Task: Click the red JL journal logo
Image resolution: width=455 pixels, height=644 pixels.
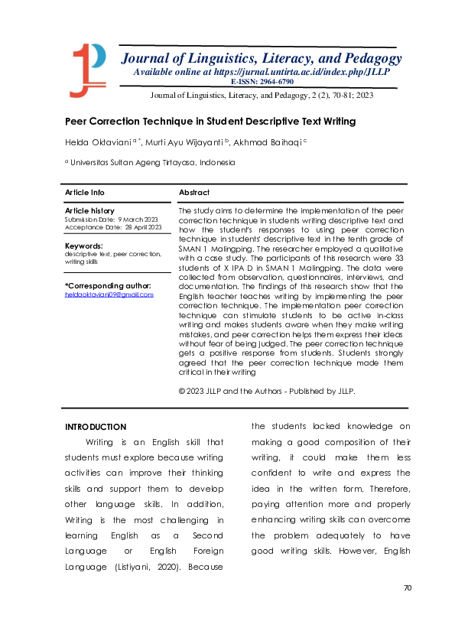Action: tap(88, 68)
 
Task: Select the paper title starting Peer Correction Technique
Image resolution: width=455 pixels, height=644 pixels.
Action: tap(210, 121)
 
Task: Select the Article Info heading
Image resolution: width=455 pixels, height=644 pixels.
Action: tap(85, 192)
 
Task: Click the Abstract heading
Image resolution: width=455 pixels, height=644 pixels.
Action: tap(193, 192)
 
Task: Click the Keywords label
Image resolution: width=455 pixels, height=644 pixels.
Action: tap(83, 246)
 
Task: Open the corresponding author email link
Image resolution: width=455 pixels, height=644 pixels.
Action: tap(109, 294)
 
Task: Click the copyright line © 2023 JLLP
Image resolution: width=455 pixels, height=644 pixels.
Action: tap(267, 391)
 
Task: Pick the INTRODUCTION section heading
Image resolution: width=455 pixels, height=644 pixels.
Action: tap(96, 427)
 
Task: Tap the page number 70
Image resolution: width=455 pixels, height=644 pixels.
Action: tap(408, 587)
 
